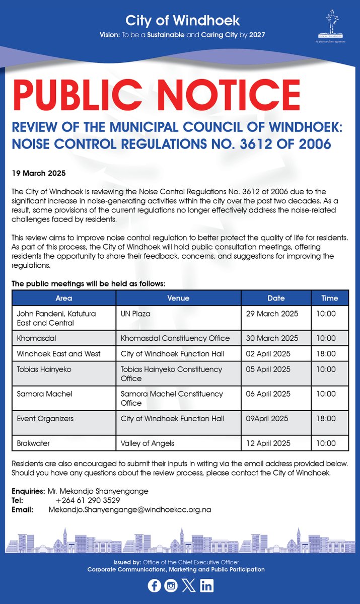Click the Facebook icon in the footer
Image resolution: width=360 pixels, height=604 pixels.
click(154, 586)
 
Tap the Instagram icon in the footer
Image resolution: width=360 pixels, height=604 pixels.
click(171, 586)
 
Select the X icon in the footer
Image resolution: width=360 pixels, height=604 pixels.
click(188, 586)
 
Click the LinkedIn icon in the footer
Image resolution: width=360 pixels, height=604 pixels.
click(206, 586)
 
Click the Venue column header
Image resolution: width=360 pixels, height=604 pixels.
click(178, 298)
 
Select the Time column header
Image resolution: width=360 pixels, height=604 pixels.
click(329, 298)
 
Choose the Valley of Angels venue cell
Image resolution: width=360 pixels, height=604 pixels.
click(148, 443)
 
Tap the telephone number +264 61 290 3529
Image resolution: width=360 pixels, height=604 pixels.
click(88, 500)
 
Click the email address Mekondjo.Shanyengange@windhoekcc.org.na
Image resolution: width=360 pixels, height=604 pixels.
click(129, 510)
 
